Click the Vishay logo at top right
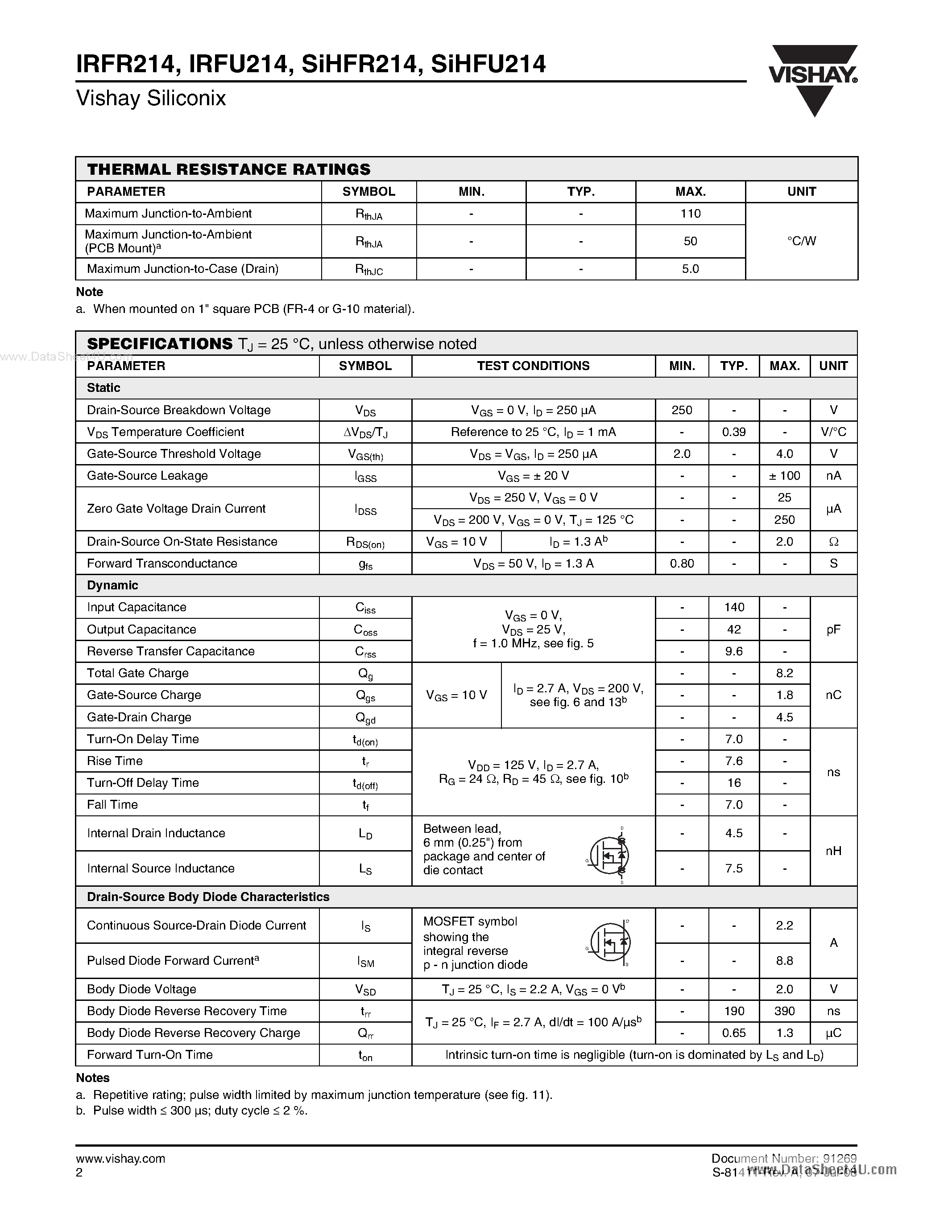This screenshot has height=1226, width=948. (813, 78)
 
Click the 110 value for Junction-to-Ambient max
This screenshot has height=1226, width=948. (690, 213)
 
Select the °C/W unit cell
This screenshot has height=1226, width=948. (801, 241)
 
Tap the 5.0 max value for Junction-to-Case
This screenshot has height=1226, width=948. (690, 269)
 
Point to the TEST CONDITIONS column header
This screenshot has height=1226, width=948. (533, 366)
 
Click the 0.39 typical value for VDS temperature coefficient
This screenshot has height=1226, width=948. (733, 432)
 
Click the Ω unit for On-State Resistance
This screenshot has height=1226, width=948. (833, 542)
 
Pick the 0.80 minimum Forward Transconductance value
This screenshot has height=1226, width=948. (682, 564)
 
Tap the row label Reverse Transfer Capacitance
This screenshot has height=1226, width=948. (171, 651)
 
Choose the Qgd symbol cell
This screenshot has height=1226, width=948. (365, 718)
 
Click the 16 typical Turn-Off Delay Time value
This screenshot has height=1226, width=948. (733, 782)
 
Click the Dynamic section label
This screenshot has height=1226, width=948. (112, 585)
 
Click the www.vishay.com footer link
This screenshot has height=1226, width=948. (120, 1159)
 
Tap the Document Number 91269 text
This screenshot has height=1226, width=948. (783, 1158)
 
